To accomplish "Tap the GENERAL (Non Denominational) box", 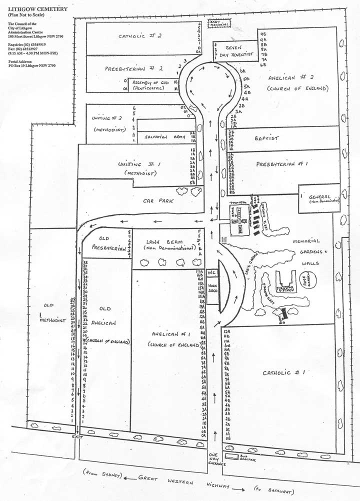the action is pyautogui.click(x=320, y=197).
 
